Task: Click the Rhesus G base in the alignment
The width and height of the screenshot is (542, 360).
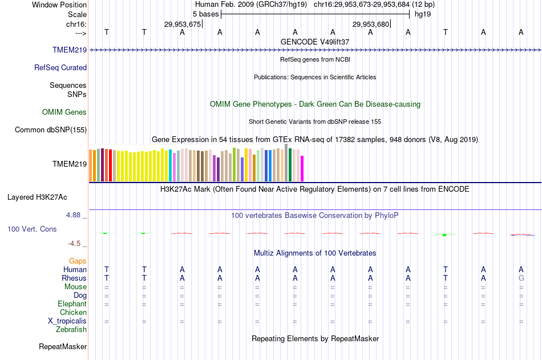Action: [x=521, y=278]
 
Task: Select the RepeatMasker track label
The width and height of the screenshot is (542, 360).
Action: [x=63, y=346]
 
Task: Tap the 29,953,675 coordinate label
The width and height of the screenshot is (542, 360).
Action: [x=183, y=24]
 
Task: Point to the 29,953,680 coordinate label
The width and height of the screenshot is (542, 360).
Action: [x=371, y=24]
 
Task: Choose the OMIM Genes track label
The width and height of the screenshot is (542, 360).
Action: [x=64, y=112]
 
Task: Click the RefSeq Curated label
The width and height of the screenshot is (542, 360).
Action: [x=60, y=67]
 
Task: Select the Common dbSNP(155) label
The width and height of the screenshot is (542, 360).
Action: [x=51, y=130]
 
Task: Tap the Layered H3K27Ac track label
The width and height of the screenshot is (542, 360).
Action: [x=37, y=197]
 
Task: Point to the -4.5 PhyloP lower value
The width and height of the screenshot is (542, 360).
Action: [x=75, y=244]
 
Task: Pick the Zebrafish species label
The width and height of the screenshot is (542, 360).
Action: [x=71, y=329]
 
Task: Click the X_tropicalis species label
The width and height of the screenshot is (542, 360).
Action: [x=67, y=321]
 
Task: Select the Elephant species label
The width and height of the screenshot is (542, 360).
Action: [x=72, y=304]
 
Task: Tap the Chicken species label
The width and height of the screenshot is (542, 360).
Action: [x=73, y=312]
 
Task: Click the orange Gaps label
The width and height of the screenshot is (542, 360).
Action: [x=78, y=261]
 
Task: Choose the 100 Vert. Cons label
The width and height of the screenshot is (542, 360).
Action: [x=32, y=229]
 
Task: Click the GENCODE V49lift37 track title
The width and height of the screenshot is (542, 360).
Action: [x=315, y=42]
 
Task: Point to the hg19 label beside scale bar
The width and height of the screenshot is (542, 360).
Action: [x=423, y=14]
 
